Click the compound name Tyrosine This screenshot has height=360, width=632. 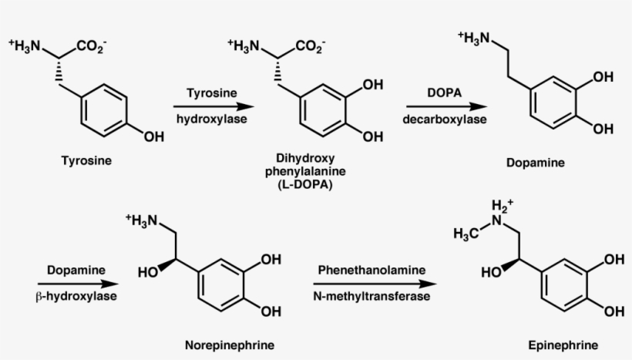[x=86, y=161]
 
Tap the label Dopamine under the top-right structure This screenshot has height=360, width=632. [x=535, y=163]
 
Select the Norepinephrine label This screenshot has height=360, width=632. [x=230, y=344]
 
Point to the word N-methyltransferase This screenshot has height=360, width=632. [x=371, y=297]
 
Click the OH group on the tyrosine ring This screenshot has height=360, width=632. [x=153, y=136]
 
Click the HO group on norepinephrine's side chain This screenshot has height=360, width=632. [x=149, y=271]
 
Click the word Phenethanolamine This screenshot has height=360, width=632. [x=371, y=270]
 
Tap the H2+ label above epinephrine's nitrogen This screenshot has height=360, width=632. [x=502, y=207]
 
